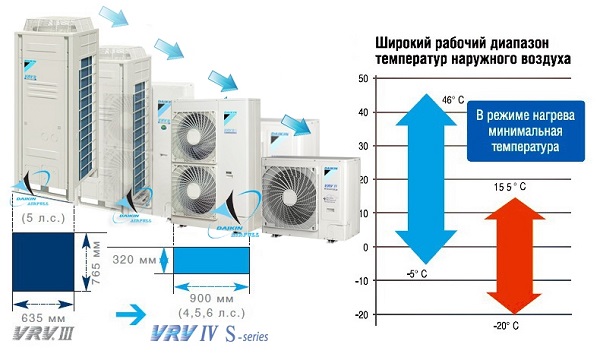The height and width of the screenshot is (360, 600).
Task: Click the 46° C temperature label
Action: [x=453, y=100]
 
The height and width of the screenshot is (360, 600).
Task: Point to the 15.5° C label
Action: [x=509, y=187]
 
